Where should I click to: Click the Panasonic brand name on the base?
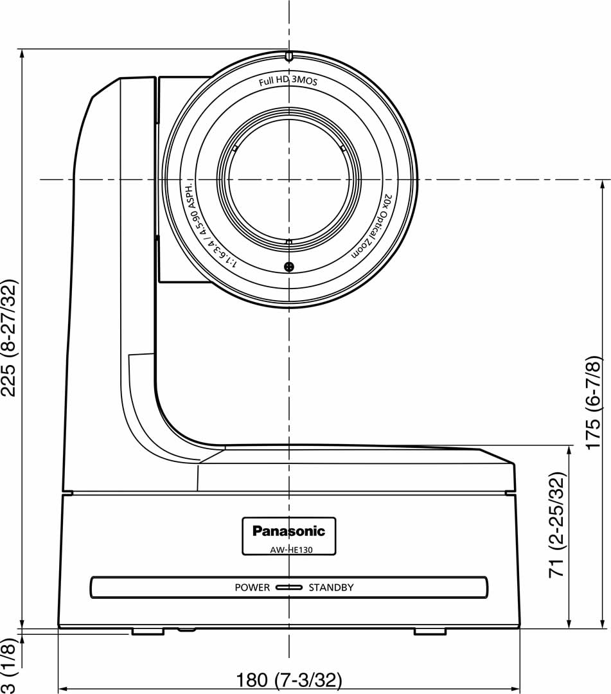(x=288, y=531)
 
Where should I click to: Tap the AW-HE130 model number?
(x=291, y=550)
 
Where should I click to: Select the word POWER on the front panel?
(x=252, y=587)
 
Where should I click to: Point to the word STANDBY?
(x=331, y=587)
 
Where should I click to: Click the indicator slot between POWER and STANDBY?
(x=289, y=587)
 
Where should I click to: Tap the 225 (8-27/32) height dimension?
(x=9, y=338)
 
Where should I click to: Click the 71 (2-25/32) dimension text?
(x=557, y=525)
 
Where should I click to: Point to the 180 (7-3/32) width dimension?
(x=289, y=679)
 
